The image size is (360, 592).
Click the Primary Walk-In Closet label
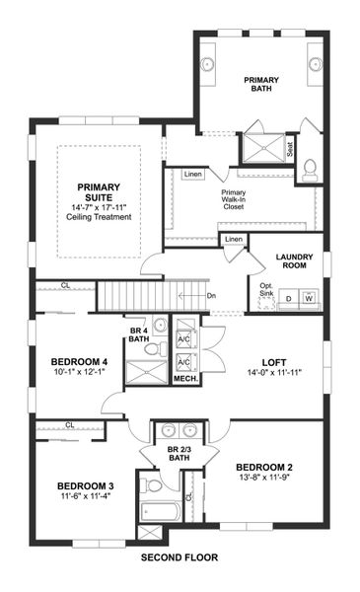tap(234, 200)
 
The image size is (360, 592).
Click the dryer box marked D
tap(288, 297)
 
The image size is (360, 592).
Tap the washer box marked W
tap(309, 297)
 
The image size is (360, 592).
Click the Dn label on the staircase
tap(210, 294)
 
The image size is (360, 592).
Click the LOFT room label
tap(272, 362)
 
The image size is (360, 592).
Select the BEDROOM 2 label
tap(264, 467)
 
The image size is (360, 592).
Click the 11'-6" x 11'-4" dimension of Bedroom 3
tap(86, 498)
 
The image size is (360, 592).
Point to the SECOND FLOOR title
tap(179, 557)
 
